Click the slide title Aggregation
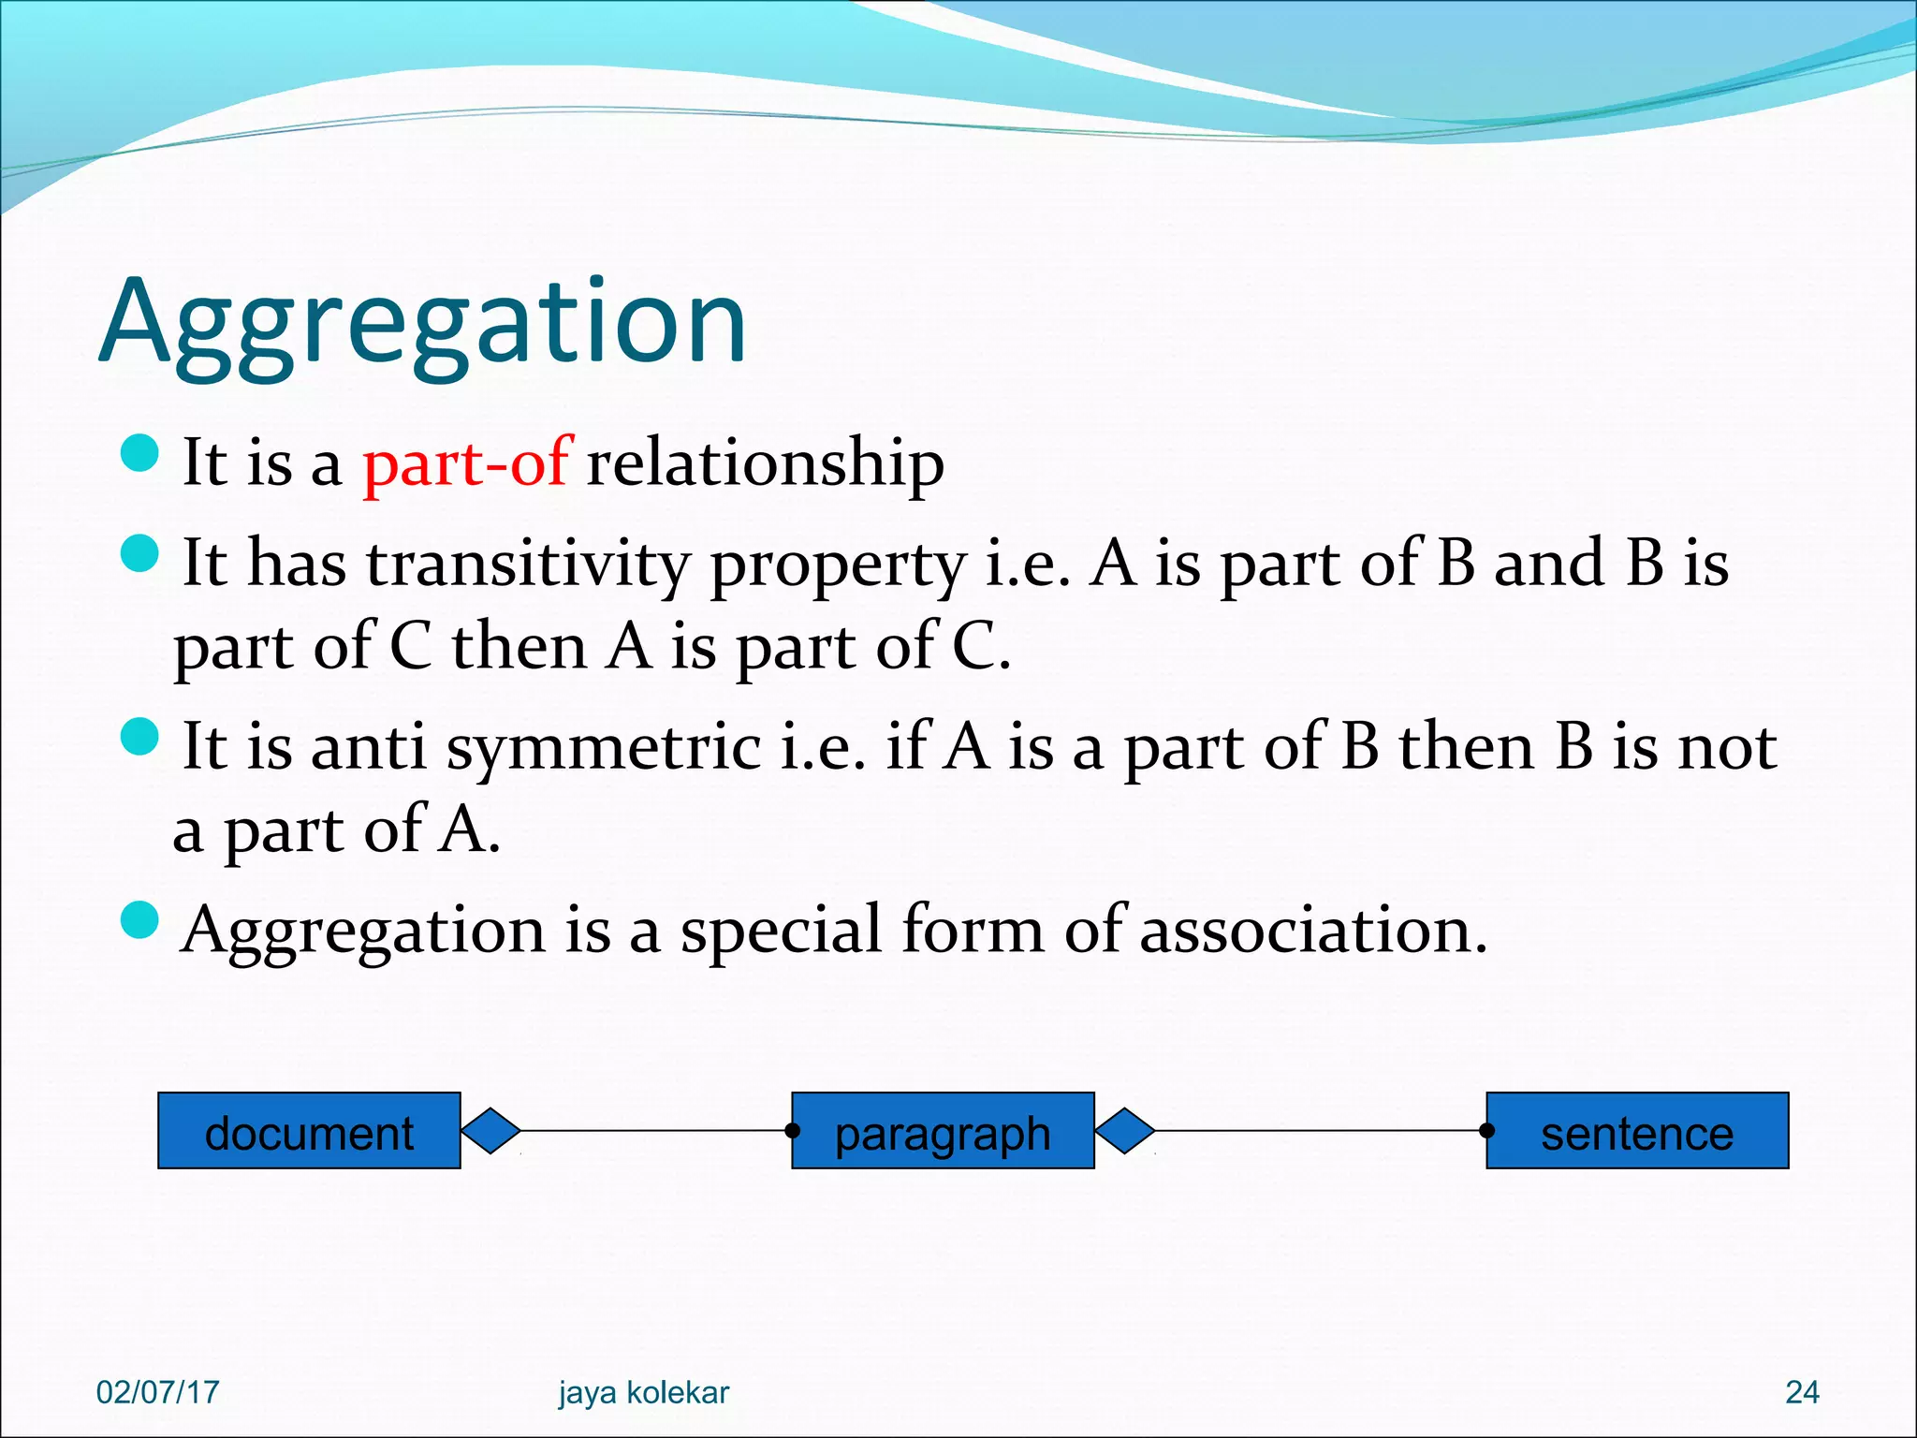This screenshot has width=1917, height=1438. tap(423, 323)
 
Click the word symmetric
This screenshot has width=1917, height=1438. tap(604, 749)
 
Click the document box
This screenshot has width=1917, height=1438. tap(309, 1131)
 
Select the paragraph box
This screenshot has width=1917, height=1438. tap(943, 1131)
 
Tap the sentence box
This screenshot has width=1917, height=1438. tap(1637, 1131)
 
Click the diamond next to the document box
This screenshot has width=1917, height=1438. tap(490, 1131)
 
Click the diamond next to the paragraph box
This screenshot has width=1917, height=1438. tap(1124, 1131)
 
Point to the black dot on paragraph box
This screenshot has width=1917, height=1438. tap(793, 1131)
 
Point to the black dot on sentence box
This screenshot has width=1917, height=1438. tap(1487, 1131)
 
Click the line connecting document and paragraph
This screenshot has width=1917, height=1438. tap(655, 1131)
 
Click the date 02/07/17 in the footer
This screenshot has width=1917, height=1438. tap(157, 1392)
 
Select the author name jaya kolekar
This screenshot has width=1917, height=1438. tap(643, 1392)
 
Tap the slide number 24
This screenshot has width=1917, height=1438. tap(1802, 1392)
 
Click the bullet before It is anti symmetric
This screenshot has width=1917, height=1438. tap(140, 736)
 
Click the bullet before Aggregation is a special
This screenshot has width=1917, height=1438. tap(140, 919)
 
